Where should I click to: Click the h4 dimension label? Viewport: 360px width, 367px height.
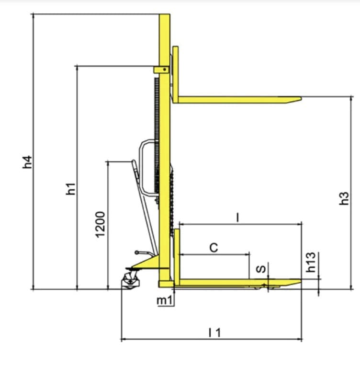[x=27, y=162]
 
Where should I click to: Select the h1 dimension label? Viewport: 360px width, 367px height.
[x=71, y=189]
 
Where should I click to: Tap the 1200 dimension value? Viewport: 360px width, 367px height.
[x=100, y=224]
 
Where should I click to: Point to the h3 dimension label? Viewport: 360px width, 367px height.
[x=344, y=198]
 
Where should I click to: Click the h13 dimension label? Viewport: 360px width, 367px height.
[x=311, y=262]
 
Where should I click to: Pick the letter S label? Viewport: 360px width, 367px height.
[x=261, y=269]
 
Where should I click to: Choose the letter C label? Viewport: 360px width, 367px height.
[x=214, y=248]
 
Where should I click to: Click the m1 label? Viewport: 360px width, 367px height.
[x=165, y=300]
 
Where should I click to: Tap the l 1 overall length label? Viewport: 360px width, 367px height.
[x=215, y=333]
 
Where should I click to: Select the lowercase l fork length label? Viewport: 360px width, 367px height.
[x=237, y=218]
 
